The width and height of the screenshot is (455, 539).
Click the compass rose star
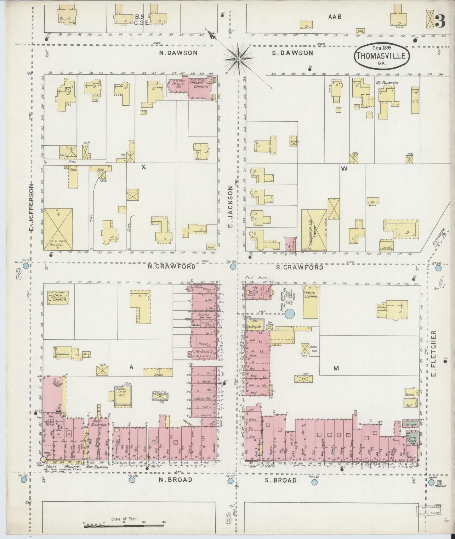point(238,59)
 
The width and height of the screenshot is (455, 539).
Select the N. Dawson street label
point(178,53)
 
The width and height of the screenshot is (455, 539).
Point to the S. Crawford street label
point(299,267)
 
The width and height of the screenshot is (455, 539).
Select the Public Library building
point(310,301)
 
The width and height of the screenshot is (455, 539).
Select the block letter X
point(144,167)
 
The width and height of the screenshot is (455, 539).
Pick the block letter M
point(336,368)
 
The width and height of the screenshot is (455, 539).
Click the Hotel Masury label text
point(60,467)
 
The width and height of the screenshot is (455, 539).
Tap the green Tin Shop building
point(412,424)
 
